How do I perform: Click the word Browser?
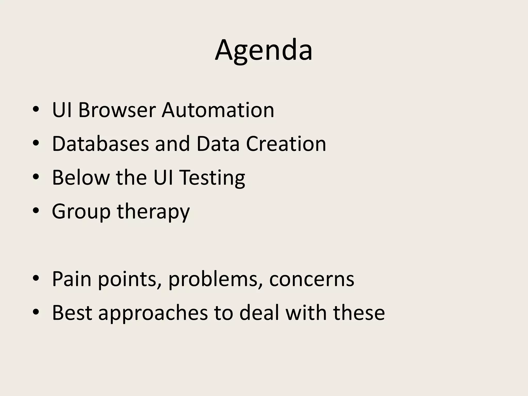(x=117, y=110)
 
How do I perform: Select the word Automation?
(x=218, y=110)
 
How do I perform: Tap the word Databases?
(x=101, y=144)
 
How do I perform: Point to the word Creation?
(x=286, y=144)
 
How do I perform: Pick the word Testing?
(x=212, y=178)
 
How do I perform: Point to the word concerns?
(x=312, y=279)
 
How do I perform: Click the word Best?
(x=72, y=313)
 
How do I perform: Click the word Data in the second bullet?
(x=218, y=144)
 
